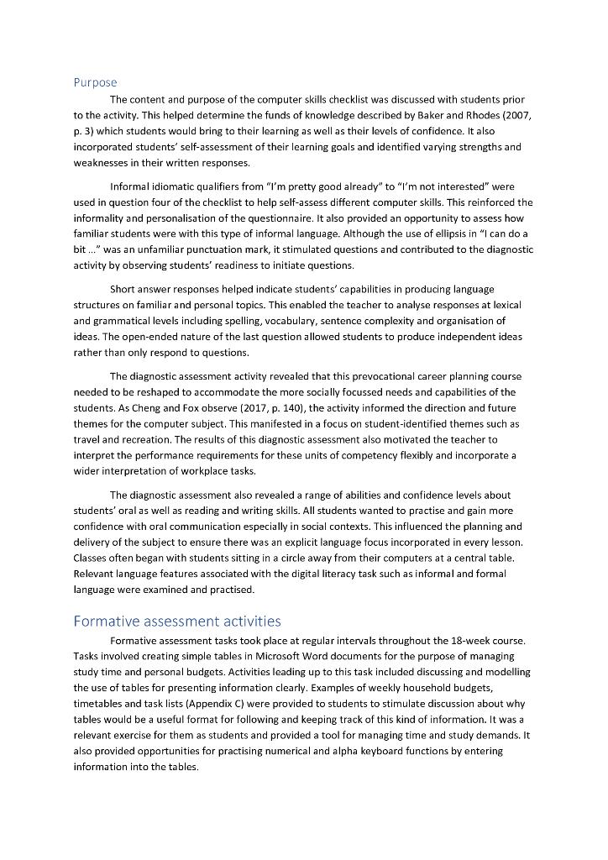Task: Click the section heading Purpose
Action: (x=95, y=82)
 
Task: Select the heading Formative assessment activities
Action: (x=176, y=621)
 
